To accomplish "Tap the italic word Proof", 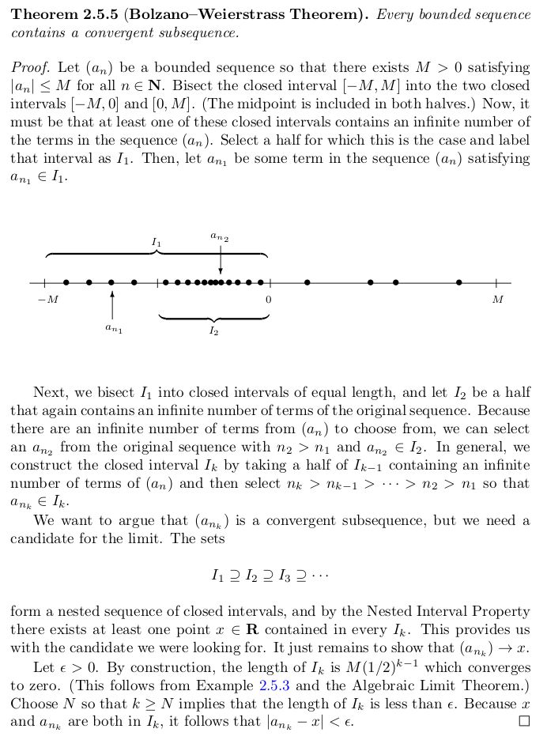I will (x=27, y=68).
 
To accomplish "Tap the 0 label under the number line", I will (x=269, y=300).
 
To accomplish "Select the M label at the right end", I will (x=497, y=300).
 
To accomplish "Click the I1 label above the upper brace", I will (x=157, y=241).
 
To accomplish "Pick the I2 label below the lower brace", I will (x=213, y=331).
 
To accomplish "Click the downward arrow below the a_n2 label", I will (x=220, y=259).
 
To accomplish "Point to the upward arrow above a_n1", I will (x=112, y=304).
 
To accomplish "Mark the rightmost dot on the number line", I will (x=458, y=282).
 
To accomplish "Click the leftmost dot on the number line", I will (x=66, y=282).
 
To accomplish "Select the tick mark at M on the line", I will (x=496, y=282).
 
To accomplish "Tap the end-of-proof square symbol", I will (x=522, y=721).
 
